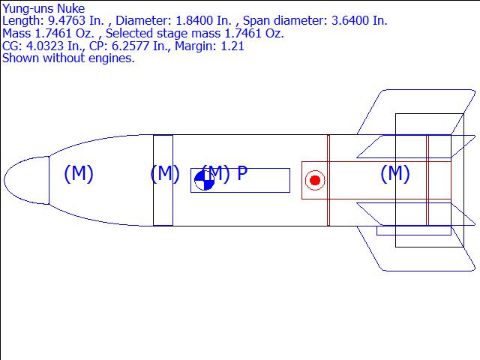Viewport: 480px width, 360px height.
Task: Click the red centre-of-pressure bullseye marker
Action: [315, 180]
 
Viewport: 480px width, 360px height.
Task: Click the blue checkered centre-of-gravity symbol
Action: [205, 180]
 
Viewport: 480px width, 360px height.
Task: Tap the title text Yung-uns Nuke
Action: [43, 8]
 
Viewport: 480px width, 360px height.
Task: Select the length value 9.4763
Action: [67, 21]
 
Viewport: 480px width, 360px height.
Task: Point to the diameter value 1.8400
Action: [194, 21]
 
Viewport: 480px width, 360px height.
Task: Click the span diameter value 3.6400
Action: [350, 21]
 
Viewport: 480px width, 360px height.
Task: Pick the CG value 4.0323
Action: [45, 46]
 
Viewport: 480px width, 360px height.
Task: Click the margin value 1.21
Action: [233, 46]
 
